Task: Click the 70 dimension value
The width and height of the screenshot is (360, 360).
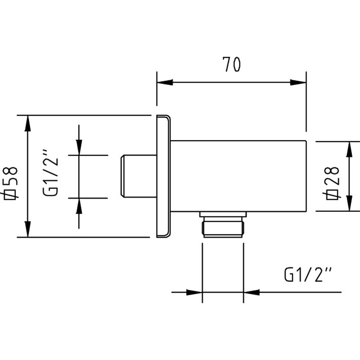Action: pos(231,65)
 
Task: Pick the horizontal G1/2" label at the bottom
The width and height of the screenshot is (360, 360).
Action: pos(307,275)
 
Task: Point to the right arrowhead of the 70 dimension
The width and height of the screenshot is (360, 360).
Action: pos(298,82)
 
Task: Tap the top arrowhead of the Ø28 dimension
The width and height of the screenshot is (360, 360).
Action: pos(348,149)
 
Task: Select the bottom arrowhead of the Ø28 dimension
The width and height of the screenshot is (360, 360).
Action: pos(348,203)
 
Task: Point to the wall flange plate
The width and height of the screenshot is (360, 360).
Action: pos(163,176)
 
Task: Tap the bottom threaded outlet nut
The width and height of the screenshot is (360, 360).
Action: pos(223,229)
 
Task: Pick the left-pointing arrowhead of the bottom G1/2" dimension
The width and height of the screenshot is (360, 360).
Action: pos(252,292)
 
